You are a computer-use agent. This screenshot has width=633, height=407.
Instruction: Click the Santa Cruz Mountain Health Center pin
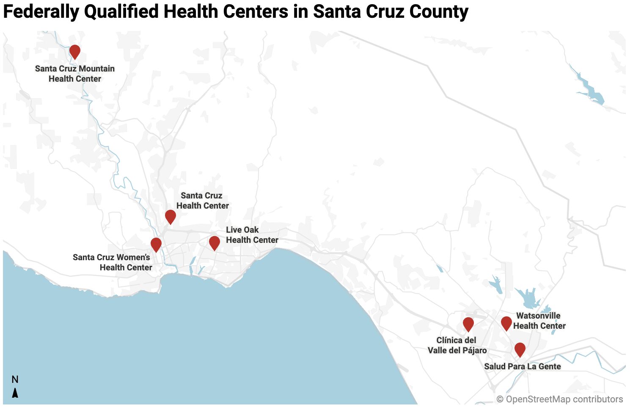(x=75, y=51)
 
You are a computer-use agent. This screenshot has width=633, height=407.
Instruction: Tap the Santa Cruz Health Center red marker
(x=171, y=216)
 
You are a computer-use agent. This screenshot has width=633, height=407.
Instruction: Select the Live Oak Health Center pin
(x=215, y=242)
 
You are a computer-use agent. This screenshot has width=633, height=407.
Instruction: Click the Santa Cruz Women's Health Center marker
(x=156, y=244)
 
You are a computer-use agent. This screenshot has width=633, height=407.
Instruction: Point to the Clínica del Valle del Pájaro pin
(x=468, y=324)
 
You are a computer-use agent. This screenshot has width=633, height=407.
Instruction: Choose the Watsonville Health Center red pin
(x=506, y=323)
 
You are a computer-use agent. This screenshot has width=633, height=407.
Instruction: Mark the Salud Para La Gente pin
(x=520, y=349)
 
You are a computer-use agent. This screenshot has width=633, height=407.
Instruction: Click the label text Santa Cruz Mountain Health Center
(x=75, y=74)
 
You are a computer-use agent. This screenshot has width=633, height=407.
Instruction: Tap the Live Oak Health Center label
(x=252, y=235)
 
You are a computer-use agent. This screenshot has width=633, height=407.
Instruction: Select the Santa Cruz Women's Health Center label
(x=113, y=262)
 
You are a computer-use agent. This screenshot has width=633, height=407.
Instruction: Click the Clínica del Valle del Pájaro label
(x=457, y=345)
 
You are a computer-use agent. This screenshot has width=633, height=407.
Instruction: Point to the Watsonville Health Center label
(x=539, y=321)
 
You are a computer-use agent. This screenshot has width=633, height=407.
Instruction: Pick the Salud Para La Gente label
(x=522, y=366)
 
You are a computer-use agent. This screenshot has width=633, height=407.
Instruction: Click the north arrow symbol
(x=15, y=393)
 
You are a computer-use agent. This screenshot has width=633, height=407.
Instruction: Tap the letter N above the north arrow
(x=15, y=379)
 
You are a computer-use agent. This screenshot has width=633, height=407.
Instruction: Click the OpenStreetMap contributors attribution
(x=559, y=399)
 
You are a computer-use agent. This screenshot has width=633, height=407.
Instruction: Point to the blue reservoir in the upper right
(x=590, y=91)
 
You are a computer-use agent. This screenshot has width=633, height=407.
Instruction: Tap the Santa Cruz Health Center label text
(x=202, y=201)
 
